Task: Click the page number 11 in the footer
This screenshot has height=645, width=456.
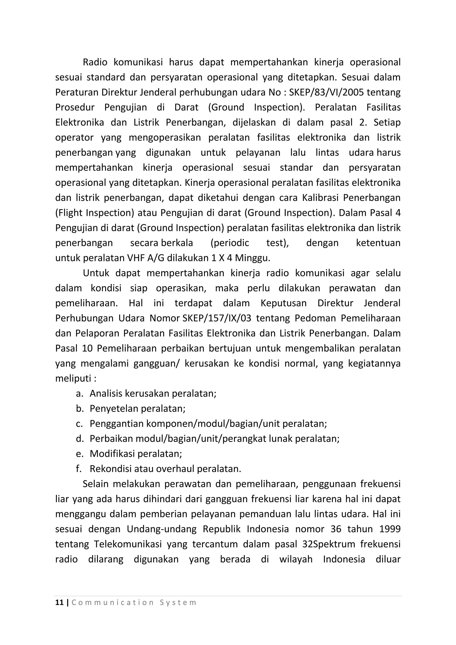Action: (x=59, y=602)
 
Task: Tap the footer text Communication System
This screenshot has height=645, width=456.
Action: (x=134, y=602)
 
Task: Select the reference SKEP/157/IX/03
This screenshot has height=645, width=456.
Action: (x=217, y=318)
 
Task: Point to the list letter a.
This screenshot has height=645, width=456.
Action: (x=79, y=394)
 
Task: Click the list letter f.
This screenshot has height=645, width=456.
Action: (x=79, y=469)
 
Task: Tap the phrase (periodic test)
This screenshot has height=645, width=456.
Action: (x=249, y=243)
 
